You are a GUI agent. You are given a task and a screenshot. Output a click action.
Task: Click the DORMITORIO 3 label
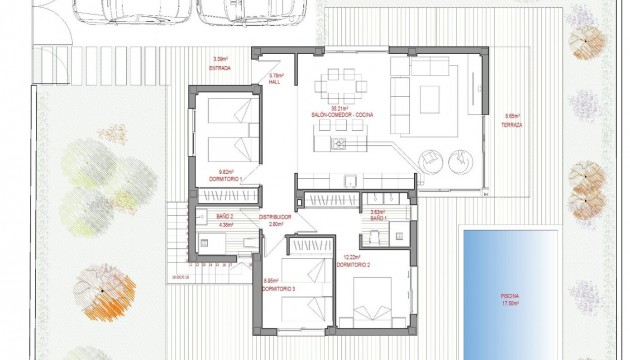(x=277, y=288)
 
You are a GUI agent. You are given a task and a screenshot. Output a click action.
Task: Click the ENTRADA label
(x=219, y=68)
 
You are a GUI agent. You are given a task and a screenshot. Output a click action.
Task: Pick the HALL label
(x=276, y=82)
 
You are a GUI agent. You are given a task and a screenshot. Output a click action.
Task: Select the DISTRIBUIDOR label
(x=275, y=217)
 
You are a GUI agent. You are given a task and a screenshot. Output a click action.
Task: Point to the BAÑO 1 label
(x=378, y=218)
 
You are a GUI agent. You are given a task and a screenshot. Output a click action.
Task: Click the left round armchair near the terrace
(x=429, y=157)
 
